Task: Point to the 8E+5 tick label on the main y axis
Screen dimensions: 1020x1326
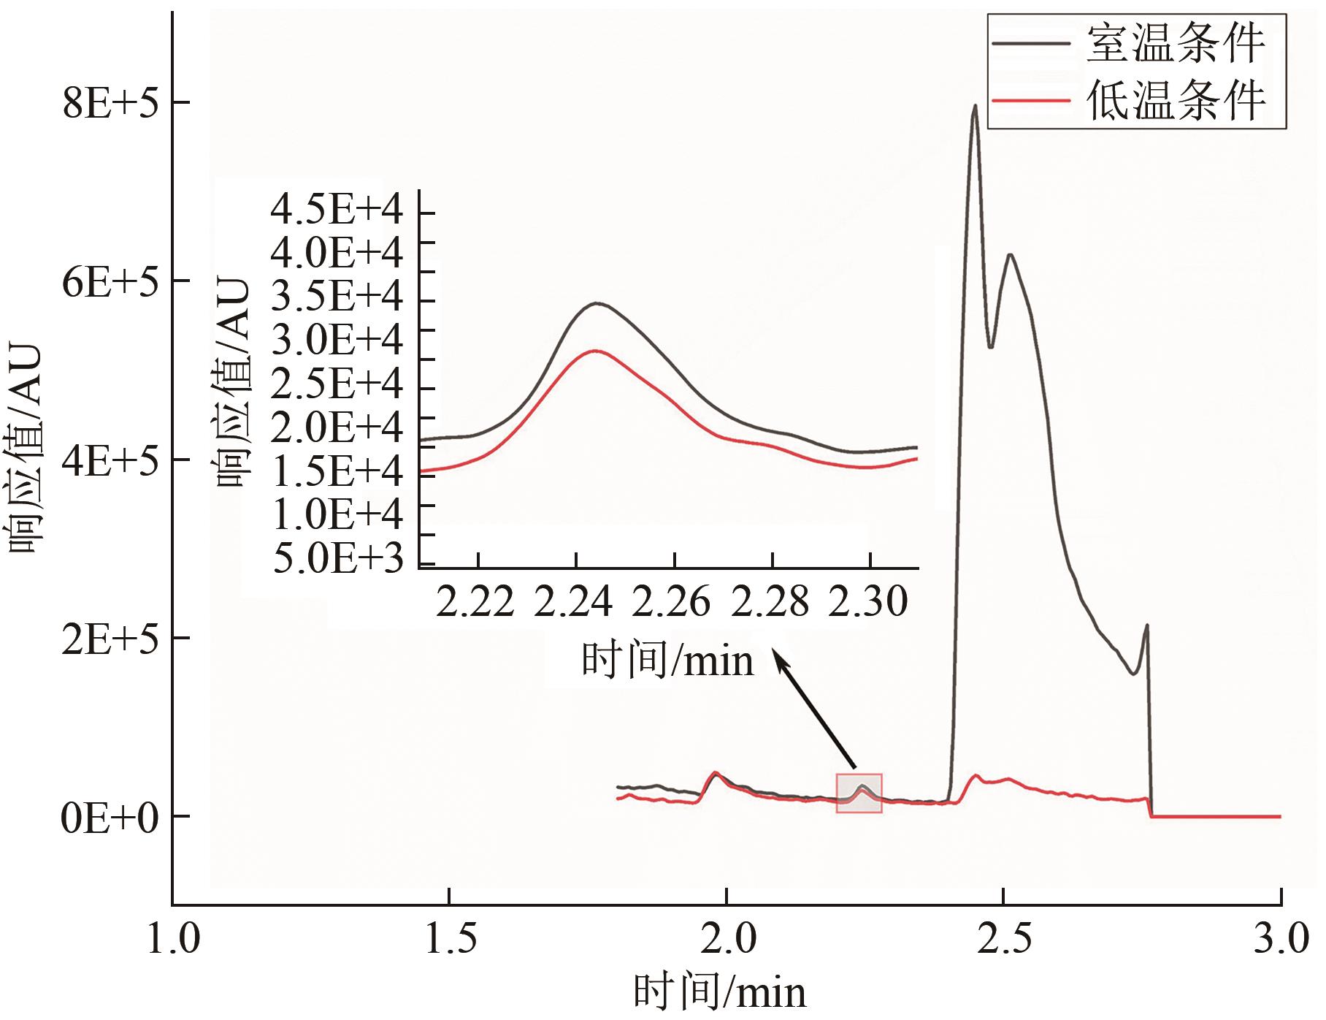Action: [x=110, y=103]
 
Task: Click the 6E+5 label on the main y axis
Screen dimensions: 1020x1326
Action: [x=110, y=281]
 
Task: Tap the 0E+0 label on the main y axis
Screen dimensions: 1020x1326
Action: [x=110, y=818]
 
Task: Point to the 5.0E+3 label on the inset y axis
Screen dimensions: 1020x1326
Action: [x=337, y=561]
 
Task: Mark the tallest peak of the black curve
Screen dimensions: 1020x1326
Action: [x=974, y=106]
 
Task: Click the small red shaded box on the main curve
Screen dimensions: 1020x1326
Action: [x=859, y=793]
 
